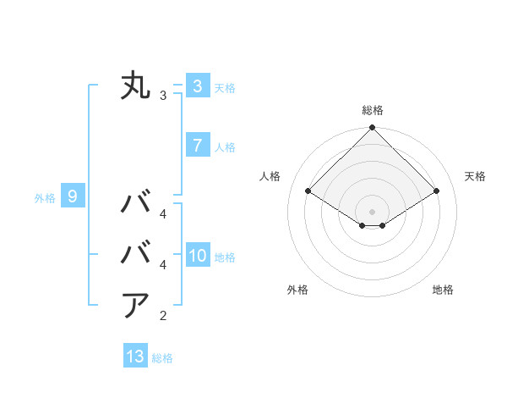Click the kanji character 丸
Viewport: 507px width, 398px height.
[135, 86]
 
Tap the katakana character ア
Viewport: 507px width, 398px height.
[135, 305]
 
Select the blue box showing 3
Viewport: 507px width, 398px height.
[197, 86]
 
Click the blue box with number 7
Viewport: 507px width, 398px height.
[197, 146]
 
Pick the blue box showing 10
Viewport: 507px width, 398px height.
[197, 256]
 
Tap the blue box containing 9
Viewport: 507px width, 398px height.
[73, 197]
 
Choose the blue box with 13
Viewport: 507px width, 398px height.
[135, 357]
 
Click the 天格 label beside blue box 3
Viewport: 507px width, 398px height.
[225, 87]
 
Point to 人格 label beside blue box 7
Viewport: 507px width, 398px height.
[225, 147]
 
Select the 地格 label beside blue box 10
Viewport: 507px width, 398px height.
[225, 257]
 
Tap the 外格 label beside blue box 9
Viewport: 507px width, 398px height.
[45, 198]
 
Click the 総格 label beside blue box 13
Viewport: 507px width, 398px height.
[162, 358]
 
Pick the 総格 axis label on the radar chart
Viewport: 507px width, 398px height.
[372, 110]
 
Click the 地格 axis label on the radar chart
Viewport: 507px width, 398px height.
[443, 290]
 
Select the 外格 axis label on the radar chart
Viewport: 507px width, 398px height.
[297, 290]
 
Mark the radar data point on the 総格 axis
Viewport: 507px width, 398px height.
[372, 128]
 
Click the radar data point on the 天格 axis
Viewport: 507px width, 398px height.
[437, 191]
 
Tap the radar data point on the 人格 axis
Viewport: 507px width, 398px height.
[308, 191]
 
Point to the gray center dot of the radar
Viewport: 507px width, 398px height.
[372, 211]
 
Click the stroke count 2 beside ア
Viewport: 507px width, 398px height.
[163, 316]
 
